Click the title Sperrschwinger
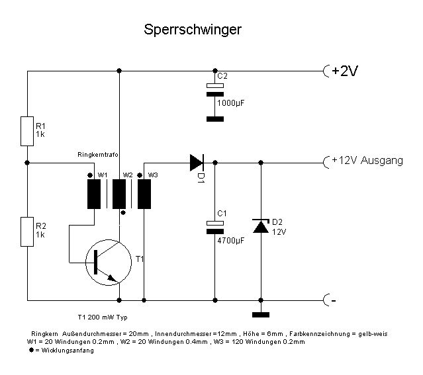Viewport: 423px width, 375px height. [193, 30]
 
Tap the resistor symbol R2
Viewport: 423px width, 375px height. [27, 231]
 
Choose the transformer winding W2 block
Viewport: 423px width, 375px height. [119, 193]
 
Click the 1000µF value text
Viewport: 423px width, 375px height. [232, 103]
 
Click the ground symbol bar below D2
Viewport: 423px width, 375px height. [261, 315]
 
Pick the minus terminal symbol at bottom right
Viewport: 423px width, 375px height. [327, 302]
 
